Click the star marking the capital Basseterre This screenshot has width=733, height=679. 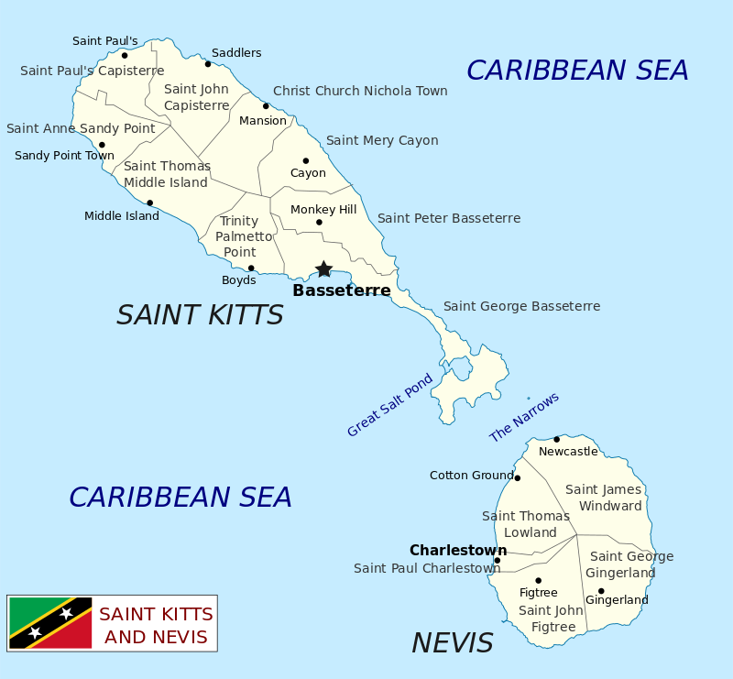point(323,268)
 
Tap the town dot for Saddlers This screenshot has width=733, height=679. point(208,64)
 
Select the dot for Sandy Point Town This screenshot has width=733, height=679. point(102,145)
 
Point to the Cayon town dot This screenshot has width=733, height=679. point(306,160)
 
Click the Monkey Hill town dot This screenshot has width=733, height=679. point(319,222)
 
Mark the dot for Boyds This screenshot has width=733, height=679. point(251,268)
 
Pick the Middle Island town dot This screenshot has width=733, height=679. point(149,203)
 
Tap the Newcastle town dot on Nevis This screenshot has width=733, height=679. point(556,439)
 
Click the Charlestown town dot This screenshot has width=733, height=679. point(498,560)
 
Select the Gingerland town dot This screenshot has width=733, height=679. point(601,591)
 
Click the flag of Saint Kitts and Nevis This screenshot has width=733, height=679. point(50,623)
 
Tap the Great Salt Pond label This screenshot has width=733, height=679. point(389,405)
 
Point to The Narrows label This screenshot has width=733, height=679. point(524,417)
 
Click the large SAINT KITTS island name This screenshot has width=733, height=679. point(200,315)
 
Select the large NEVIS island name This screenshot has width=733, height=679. point(453,643)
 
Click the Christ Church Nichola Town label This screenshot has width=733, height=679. point(360,91)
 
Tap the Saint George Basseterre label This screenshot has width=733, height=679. point(521,306)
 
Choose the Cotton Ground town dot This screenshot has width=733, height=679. point(517,477)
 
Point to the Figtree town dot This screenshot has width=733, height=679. point(538,580)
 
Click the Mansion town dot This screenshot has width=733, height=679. point(266,106)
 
